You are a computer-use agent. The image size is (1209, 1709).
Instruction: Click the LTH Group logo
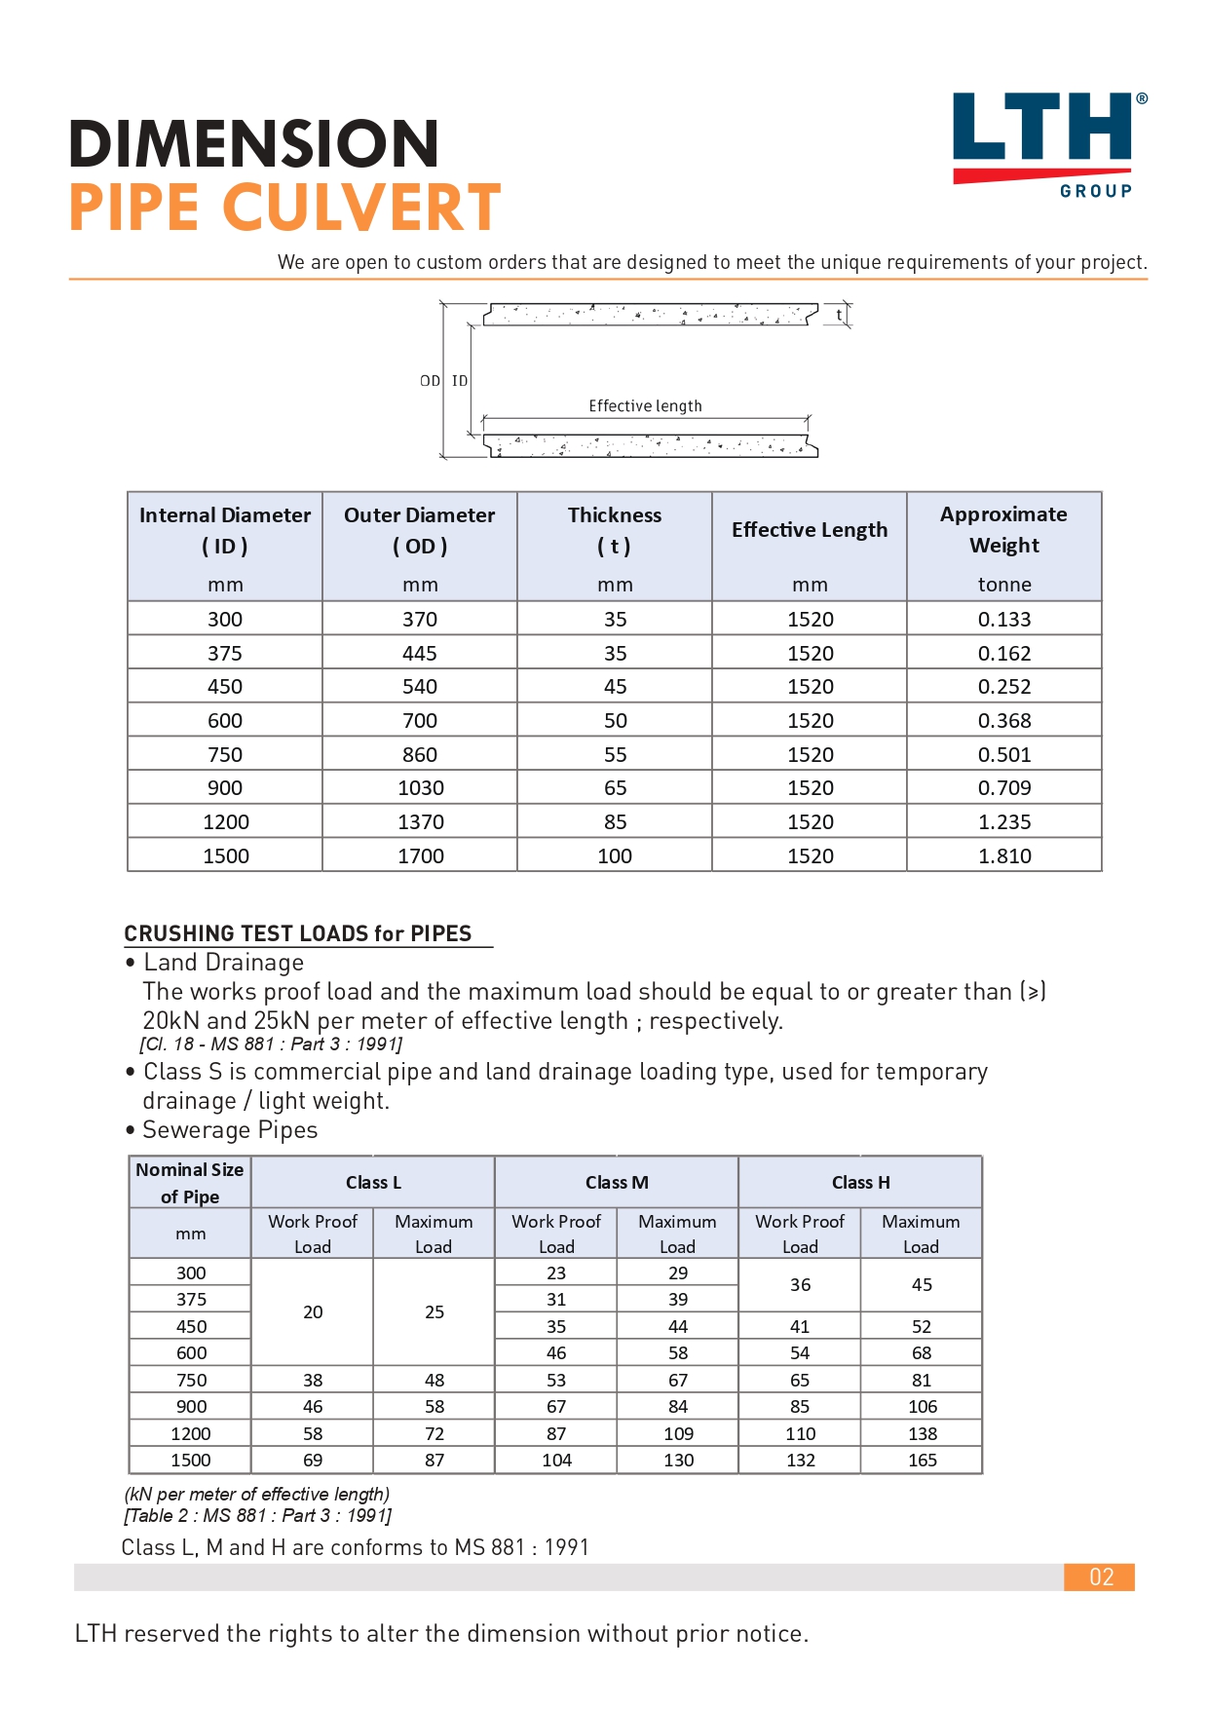(1048, 142)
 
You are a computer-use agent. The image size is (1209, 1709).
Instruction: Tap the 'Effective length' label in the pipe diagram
(645, 406)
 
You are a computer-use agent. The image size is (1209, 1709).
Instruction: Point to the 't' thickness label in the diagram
(839, 315)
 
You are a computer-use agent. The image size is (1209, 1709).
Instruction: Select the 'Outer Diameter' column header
(419, 529)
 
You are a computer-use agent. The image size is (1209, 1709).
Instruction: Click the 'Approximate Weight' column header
(1003, 529)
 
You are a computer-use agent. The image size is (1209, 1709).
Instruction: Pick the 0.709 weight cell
(1004, 787)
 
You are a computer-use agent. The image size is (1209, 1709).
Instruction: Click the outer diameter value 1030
(420, 787)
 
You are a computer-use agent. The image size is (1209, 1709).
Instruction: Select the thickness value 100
(615, 855)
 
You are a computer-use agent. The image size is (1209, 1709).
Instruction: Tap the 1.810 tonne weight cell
(1004, 855)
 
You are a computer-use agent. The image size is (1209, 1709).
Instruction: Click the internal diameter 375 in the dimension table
(225, 653)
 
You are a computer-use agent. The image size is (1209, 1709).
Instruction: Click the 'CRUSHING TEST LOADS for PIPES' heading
(298, 933)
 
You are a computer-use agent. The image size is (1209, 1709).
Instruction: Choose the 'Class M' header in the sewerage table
(617, 1182)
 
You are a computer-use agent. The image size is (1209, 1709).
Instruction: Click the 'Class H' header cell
(860, 1182)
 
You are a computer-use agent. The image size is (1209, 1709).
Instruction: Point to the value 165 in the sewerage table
(922, 1460)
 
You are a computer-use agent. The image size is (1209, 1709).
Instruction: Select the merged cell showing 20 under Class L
(313, 1311)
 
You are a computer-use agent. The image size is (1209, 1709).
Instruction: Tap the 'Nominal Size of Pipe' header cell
(190, 1183)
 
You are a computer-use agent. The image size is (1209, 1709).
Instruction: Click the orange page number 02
(1101, 1576)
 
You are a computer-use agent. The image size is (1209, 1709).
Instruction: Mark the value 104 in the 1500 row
(556, 1460)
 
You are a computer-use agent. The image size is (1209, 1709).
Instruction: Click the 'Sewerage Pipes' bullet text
(230, 1130)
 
